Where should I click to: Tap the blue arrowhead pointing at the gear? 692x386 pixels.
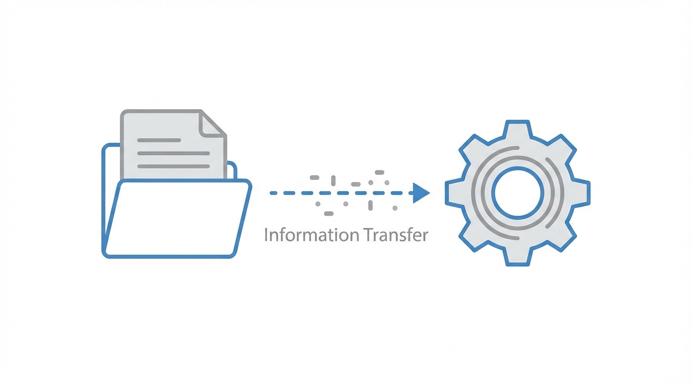[x=421, y=193]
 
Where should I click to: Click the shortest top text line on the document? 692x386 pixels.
[x=159, y=140]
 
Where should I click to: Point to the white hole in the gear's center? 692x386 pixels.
[x=517, y=193]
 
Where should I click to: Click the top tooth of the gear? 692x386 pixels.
[x=517, y=129]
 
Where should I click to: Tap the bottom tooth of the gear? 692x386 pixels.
[x=517, y=257]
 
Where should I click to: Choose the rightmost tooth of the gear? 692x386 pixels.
[x=582, y=193]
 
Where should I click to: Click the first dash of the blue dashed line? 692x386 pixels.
[x=273, y=193]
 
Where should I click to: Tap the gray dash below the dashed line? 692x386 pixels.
[x=328, y=214]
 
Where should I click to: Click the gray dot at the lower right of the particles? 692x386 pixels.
[x=395, y=208]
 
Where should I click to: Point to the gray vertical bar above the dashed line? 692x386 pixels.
[x=333, y=180]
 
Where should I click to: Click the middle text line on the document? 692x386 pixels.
[x=174, y=153]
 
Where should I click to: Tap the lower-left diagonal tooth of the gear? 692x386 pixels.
[x=472, y=238]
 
